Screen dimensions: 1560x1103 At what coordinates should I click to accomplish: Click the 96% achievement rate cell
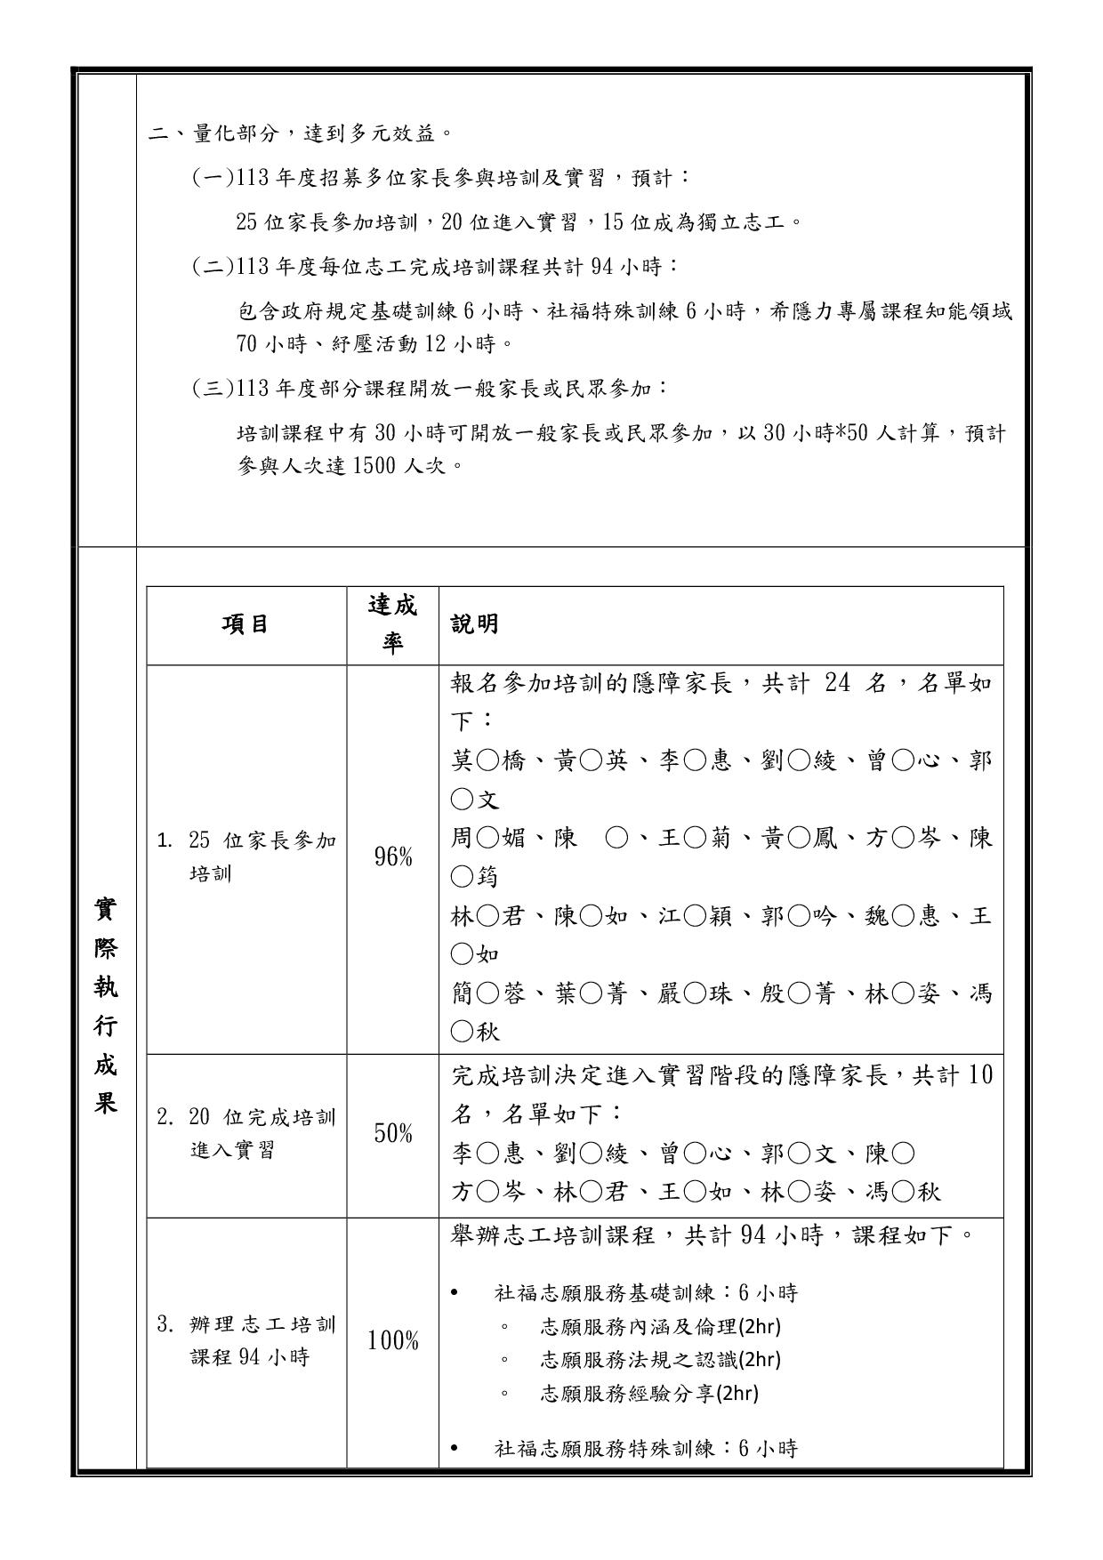tap(392, 858)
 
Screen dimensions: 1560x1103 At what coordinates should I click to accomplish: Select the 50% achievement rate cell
tap(392, 1134)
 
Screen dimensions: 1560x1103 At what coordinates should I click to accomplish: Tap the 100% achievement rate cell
tap(392, 1340)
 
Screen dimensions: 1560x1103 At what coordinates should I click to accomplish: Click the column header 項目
tap(246, 625)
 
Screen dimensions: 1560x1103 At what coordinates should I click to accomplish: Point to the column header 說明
tap(475, 625)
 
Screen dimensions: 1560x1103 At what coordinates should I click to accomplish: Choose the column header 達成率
tap(392, 624)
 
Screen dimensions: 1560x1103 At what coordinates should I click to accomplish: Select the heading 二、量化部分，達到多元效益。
tap(302, 134)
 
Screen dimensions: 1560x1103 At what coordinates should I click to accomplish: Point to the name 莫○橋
tap(487, 761)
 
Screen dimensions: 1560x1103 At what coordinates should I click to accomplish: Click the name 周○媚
tap(487, 839)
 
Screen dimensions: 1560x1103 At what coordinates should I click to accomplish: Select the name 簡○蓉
tap(487, 993)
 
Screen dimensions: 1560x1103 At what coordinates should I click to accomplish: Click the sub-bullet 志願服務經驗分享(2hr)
tap(649, 1393)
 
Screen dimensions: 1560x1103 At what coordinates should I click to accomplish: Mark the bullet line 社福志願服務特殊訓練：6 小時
tap(646, 1449)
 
